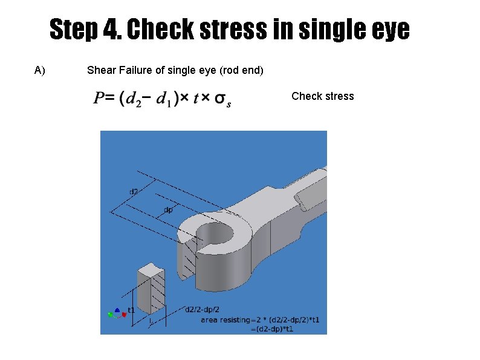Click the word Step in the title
click(74, 30)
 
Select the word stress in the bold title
click(233, 28)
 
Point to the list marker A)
click(40, 70)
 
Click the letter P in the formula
click(99, 98)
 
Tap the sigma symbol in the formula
click(222, 99)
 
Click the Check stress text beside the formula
click(323, 96)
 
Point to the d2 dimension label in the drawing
click(134, 192)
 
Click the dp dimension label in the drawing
click(168, 210)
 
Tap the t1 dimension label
click(131, 310)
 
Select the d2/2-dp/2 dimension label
click(203, 309)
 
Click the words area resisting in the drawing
click(225, 320)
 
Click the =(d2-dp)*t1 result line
click(272, 329)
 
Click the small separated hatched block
click(151, 288)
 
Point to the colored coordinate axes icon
click(117, 313)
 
